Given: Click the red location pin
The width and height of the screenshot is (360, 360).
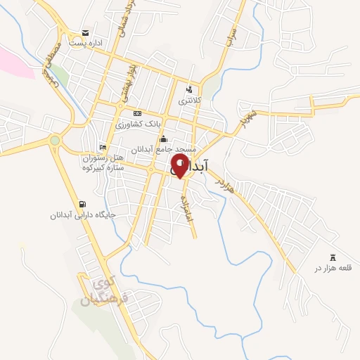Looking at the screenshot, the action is pyautogui.click(x=180, y=167).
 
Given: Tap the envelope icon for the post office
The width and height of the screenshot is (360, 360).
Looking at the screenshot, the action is pyautogui.click(x=85, y=33).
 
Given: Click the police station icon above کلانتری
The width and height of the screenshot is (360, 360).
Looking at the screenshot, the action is pyautogui.click(x=188, y=89).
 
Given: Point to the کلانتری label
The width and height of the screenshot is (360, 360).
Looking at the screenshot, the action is pyautogui.click(x=188, y=101).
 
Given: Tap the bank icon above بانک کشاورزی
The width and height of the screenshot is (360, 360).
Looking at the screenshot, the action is pyautogui.click(x=136, y=113).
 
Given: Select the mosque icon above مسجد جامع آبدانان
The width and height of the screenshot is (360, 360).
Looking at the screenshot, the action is pyautogui.click(x=163, y=139).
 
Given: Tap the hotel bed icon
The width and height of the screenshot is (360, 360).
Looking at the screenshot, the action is pyautogui.click(x=103, y=148).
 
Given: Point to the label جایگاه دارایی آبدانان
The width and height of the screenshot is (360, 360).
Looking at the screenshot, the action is pyautogui.click(x=78, y=214).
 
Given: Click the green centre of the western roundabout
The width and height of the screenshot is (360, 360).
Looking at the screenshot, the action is pyautogui.click(x=55, y=141).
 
